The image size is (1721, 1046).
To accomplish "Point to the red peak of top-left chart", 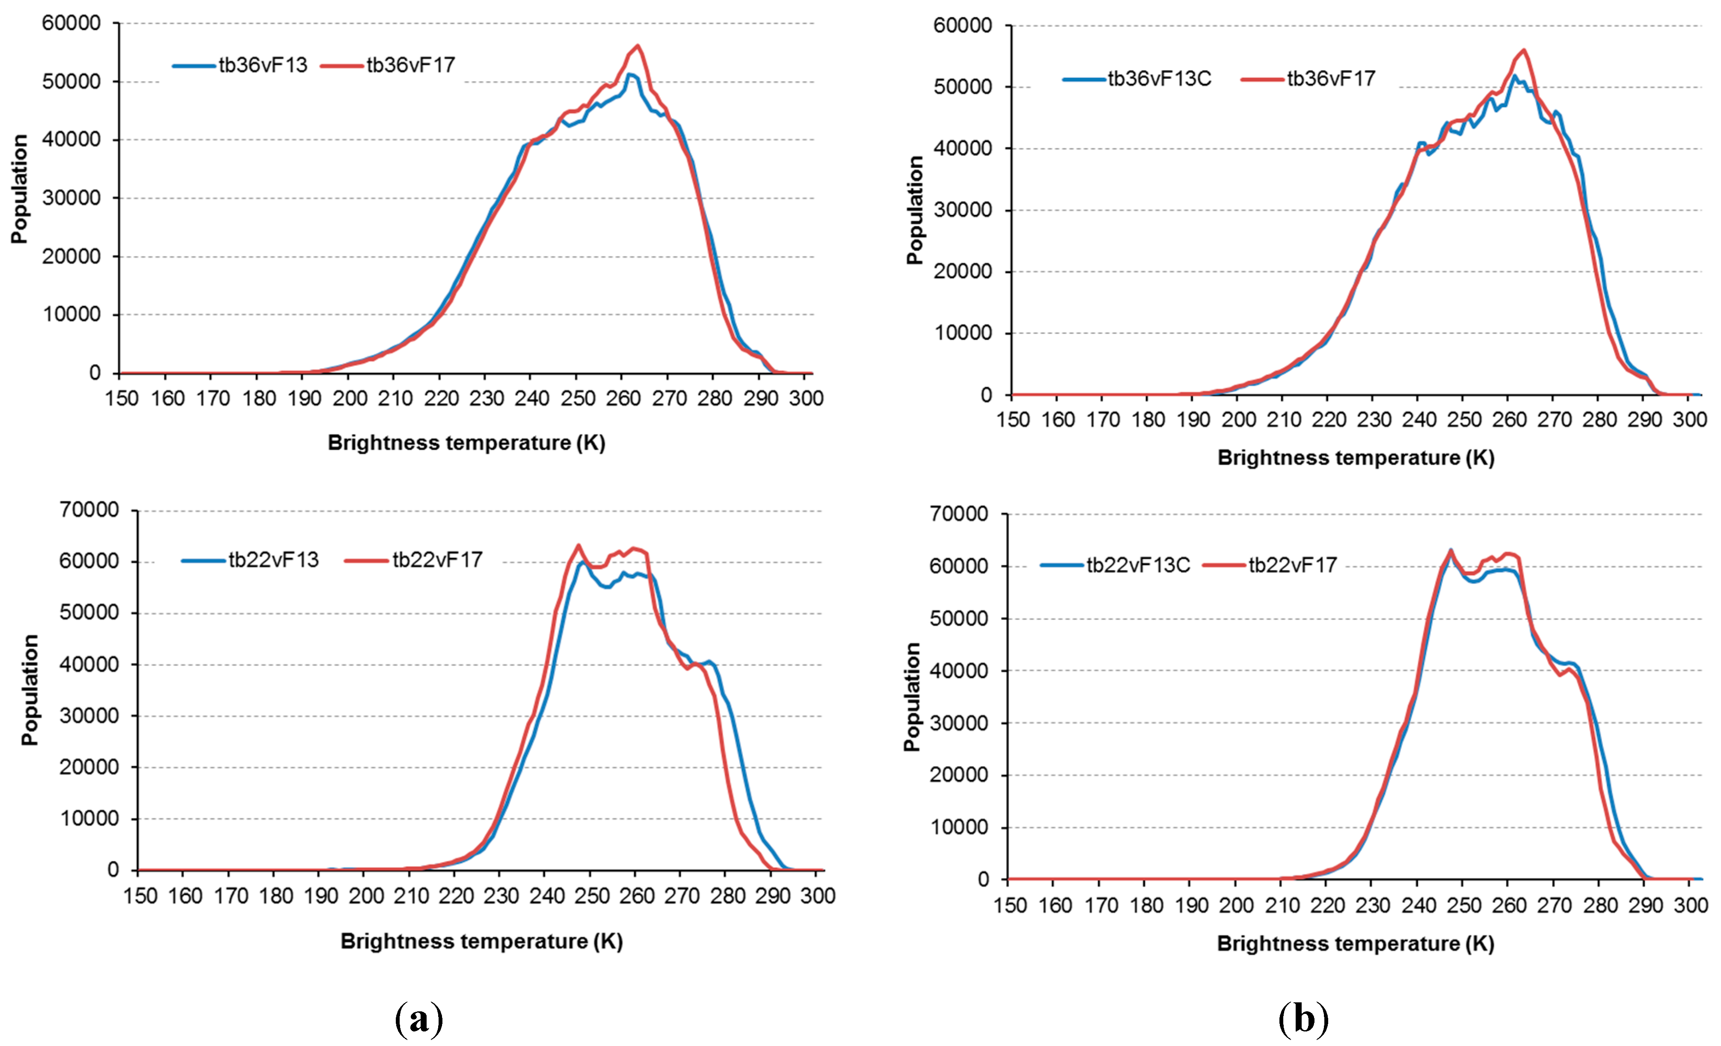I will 638,46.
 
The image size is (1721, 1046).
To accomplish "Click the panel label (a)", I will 418,1019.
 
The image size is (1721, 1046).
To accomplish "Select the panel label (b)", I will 1303,1019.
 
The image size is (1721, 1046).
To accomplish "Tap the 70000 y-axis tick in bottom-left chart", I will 89,510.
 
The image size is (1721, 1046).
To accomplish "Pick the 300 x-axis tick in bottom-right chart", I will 1690,906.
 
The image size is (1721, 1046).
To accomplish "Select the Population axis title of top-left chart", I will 20,189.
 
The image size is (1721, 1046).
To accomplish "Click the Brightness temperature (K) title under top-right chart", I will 1355,458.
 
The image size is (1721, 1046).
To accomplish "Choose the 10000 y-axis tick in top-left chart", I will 71,315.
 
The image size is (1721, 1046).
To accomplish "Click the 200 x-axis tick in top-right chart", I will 1238,420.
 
